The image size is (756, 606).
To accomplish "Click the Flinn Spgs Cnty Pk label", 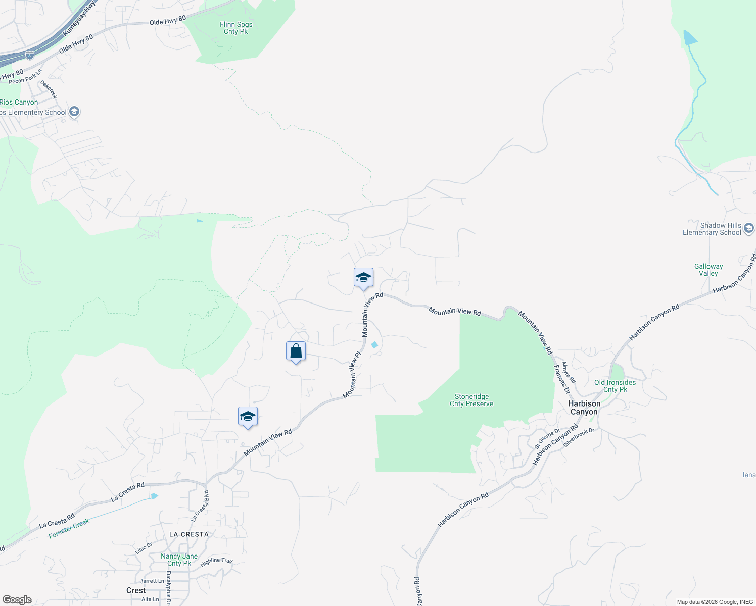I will [x=236, y=28].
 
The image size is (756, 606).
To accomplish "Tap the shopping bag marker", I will [x=296, y=351].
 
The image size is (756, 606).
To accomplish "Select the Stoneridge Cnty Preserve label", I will [x=471, y=400].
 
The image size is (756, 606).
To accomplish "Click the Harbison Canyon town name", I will [x=584, y=408].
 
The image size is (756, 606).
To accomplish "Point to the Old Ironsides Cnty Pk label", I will [x=615, y=386].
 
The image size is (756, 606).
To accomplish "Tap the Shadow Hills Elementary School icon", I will [x=749, y=229].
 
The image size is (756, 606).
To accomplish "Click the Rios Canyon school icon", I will [x=74, y=112].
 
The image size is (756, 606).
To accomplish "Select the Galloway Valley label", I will [x=708, y=270].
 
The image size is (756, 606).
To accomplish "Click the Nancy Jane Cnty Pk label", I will [x=179, y=560].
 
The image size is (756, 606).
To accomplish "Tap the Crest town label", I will [x=136, y=590].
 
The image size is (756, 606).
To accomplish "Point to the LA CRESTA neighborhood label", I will [x=188, y=534].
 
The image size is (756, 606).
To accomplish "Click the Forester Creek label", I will [x=69, y=528].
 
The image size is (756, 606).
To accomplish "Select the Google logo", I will [x=17, y=600].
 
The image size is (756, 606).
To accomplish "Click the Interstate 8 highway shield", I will [x=30, y=55].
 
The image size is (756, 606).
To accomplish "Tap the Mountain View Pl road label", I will [x=352, y=374].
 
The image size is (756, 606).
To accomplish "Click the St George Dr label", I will [x=547, y=438].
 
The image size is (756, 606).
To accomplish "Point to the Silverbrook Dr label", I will [x=579, y=437].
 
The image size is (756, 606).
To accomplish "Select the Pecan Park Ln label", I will [x=25, y=77].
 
